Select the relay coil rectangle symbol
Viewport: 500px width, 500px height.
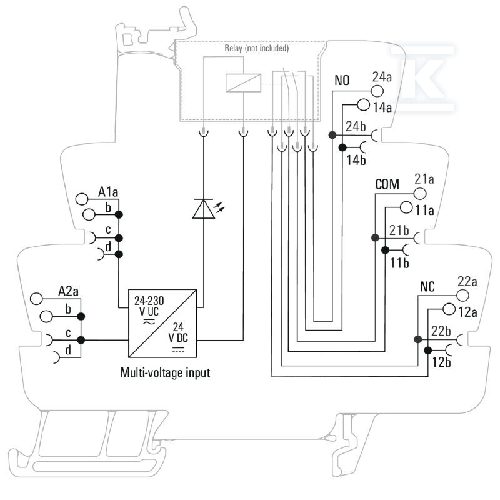tap(243, 83)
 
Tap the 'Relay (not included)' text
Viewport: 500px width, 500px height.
tap(257, 49)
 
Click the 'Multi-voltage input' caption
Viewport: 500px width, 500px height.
tap(165, 372)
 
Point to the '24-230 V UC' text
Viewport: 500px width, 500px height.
tap(149, 306)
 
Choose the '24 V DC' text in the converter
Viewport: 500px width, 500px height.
tap(178, 332)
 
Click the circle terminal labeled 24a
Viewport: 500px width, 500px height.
tap(377, 91)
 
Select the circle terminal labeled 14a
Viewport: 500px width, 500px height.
tap(364, 104)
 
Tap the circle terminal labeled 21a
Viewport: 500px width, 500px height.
tap(420, 194)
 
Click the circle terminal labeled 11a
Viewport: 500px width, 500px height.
tap(406, 207)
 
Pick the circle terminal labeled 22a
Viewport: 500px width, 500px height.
tap(462, 295)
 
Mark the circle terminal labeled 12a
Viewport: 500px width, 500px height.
tap(449, 309)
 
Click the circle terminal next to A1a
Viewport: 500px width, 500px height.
tap(82, 199)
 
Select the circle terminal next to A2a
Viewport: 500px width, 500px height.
tap(36, 299)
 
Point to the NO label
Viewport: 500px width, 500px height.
tap(342, 81)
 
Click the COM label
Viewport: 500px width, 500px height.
tap(387, 184)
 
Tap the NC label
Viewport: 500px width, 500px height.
tap(427, 287)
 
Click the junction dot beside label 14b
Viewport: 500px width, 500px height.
tap(342, 147)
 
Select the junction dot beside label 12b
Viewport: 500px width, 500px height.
tap(428, 351)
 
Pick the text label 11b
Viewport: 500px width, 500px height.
tap(399, 263)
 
